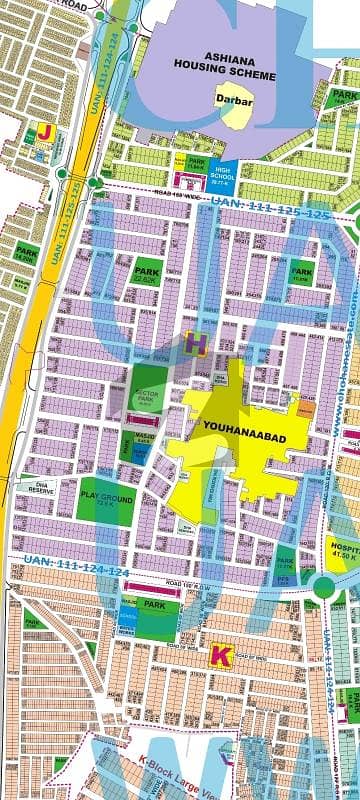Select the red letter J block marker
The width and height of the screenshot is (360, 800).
(x=44, y=131)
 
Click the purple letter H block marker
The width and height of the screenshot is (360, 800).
(x=197, y=346)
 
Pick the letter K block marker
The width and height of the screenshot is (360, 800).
(x=220, y=656)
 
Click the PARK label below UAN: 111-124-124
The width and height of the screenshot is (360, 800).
(x=153, y=606)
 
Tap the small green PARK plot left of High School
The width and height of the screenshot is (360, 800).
(x=195, y=162)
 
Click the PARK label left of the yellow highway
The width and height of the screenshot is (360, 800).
(x=19, y=253)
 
